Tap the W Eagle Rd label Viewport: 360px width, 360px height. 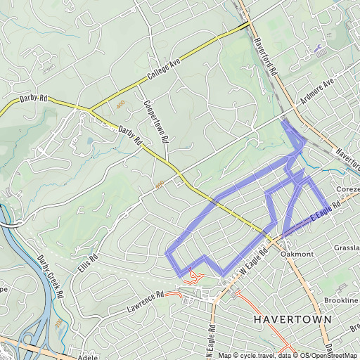click(x=255, y=259)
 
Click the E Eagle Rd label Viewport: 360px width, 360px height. click(x=324, y=211)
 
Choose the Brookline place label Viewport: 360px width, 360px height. click(x=342, y=300)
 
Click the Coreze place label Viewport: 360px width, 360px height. click(x=347, y=190)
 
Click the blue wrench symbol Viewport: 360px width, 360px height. click(x=321, y=49)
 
